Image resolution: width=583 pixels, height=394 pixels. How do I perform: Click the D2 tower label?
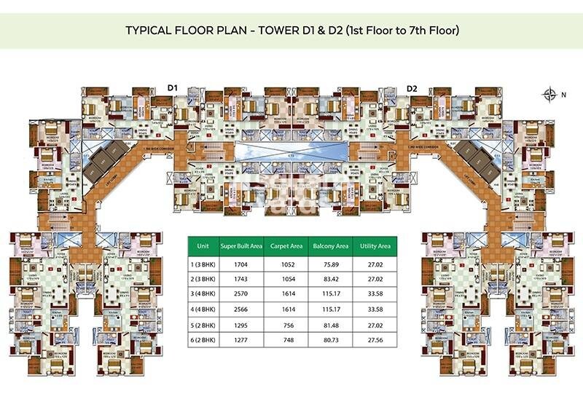(x=412, y=89)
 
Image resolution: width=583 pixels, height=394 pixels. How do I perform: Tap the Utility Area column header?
(x=375, y=246)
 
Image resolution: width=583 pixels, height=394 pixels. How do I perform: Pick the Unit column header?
(x=204, y=246)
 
